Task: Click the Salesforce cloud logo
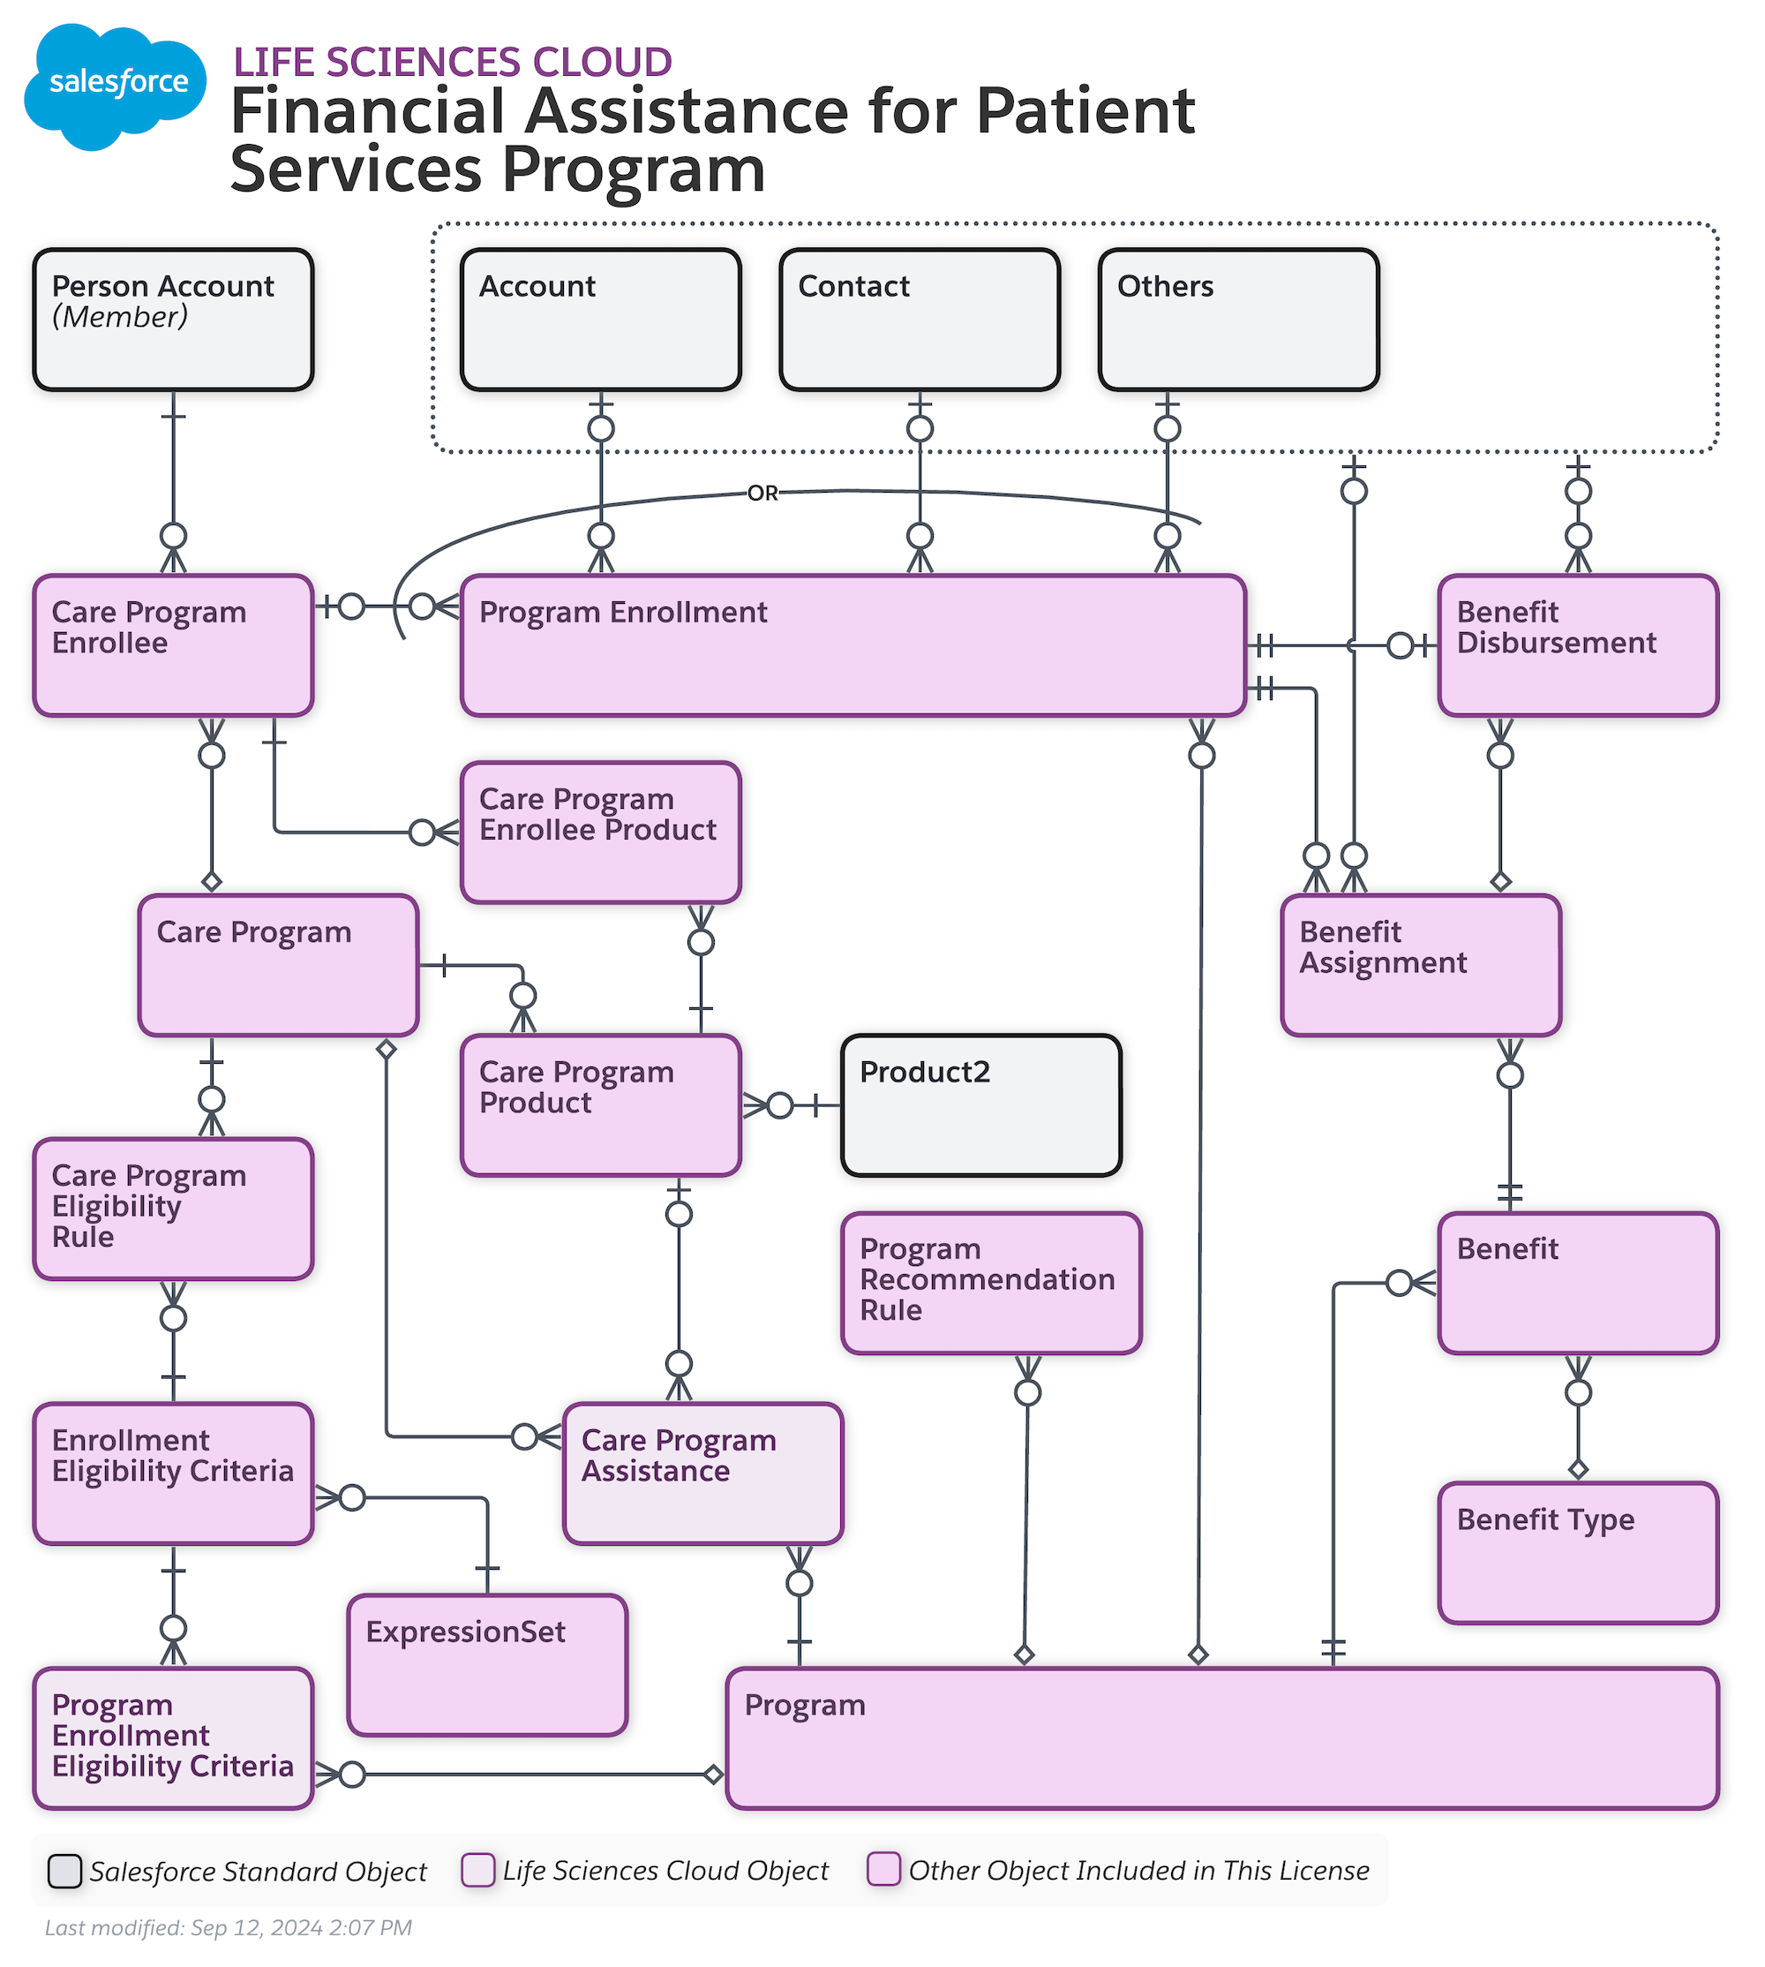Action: click(x=115, y=86)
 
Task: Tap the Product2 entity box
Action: click(x=981, y=1105)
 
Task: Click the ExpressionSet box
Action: click(x=488, y=1665)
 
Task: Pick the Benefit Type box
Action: click(x=1579, y=1553)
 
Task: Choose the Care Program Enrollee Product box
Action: click(x=601, y=833)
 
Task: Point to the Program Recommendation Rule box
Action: click(x=992, y=1283)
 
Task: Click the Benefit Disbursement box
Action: click(x=1579, y=646)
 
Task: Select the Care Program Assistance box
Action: click(x=703, y=1473)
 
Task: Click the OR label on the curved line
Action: click(x=763, y=493)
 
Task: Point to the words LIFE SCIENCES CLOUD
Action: click(x=453, y=62)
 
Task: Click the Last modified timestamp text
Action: click(x=229, y=1927)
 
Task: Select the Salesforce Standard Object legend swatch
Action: click(x=65, y=1871)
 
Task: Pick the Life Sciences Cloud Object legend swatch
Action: click(x=478, y=1870)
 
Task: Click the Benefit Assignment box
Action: click(x=1422, y=965)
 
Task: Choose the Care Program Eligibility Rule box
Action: click(x=174, y=1210)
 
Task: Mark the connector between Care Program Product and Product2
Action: click(x=792, y=1105)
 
